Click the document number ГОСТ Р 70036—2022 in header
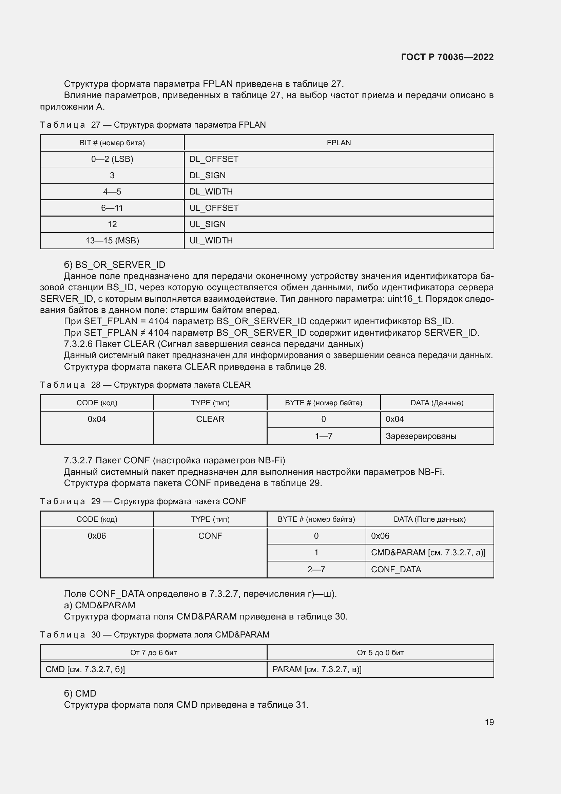(x=447, y=57)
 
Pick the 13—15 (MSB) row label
(x=112, y=240)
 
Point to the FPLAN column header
(x=338, y=143)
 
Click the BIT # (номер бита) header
(x=112, y=143)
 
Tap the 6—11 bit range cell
(x=112, y=208)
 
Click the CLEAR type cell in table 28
(x=210, y=419)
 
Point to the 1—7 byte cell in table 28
(x=323, y=436)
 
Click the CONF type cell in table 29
(x=210, y=536)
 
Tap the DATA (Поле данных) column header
(x=429, y=519)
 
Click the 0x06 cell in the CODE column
(x=97, y=536)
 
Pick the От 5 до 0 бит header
(x=380, y=652)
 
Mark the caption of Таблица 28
(x=145, y=385)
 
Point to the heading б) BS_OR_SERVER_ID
(x=114, y=264)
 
